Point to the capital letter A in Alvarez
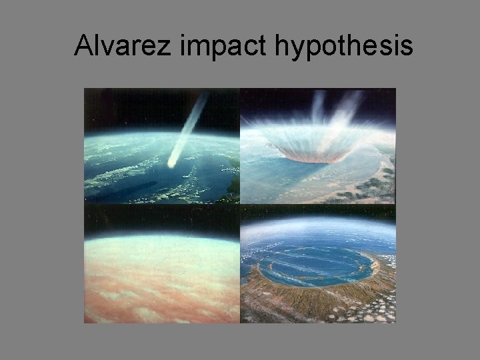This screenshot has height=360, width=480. point(83,46)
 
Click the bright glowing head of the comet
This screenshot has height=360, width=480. point(173,162)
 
